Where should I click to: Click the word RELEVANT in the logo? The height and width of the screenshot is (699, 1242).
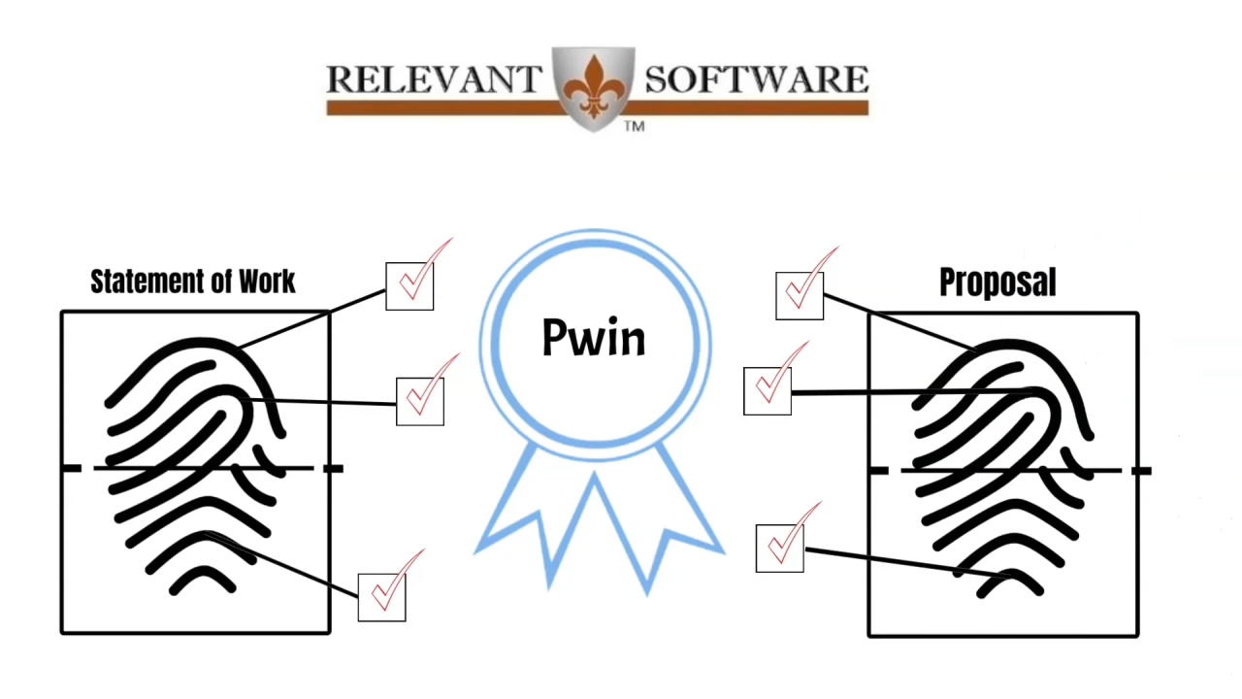point(433,80)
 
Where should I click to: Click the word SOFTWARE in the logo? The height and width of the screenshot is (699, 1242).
point(756,80)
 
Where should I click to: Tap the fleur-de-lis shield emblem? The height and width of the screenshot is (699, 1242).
point(594,85)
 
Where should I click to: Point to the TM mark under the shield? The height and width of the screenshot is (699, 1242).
point(634,126)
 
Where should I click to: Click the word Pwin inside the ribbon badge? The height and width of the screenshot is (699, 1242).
point(593,337)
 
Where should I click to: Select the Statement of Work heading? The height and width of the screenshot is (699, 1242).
point(193,282)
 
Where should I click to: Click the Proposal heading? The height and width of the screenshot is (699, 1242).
point(997,282)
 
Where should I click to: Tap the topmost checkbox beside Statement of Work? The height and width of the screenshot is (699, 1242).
point(409,285)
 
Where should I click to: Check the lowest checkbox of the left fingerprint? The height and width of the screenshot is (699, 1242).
point(381,597)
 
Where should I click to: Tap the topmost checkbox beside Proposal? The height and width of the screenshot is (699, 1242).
point(800,295)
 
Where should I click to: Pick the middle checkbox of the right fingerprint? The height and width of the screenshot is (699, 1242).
point(768,390)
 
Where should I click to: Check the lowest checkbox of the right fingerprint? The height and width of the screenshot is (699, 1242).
point(780,548)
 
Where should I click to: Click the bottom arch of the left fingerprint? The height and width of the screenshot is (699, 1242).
point(203,579)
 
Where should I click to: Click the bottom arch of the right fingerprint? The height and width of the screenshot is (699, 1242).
point(1009,580)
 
